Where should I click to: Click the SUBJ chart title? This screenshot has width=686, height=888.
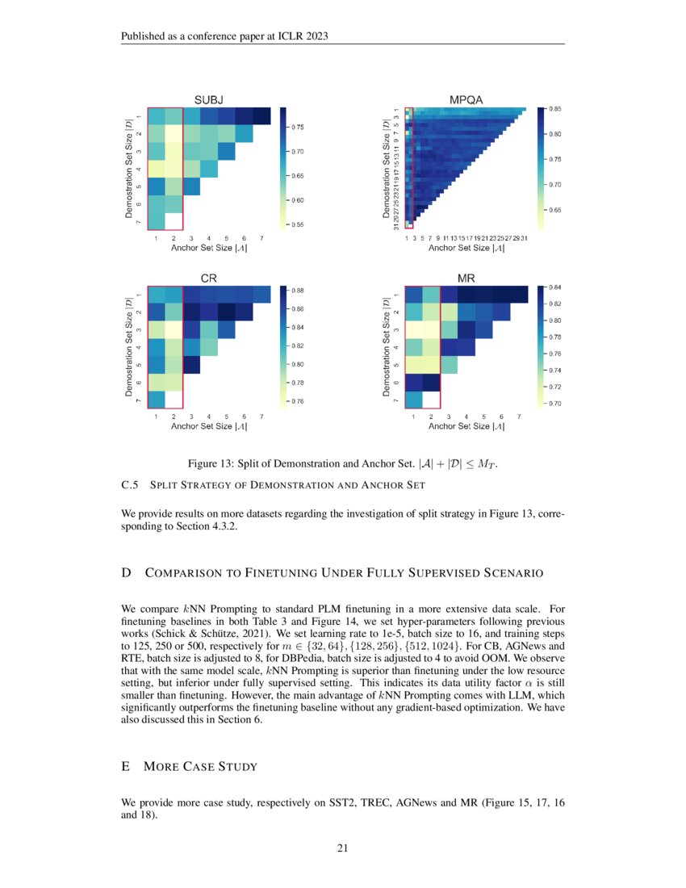(x=208, y=99)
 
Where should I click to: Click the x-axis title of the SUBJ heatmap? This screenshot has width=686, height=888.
(x=208, y=248)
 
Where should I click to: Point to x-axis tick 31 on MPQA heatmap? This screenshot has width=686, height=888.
(x=524, y=238)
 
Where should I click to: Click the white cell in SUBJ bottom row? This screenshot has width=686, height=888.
(x=173, y=220)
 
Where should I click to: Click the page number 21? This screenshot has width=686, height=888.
(x=342, y=848)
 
